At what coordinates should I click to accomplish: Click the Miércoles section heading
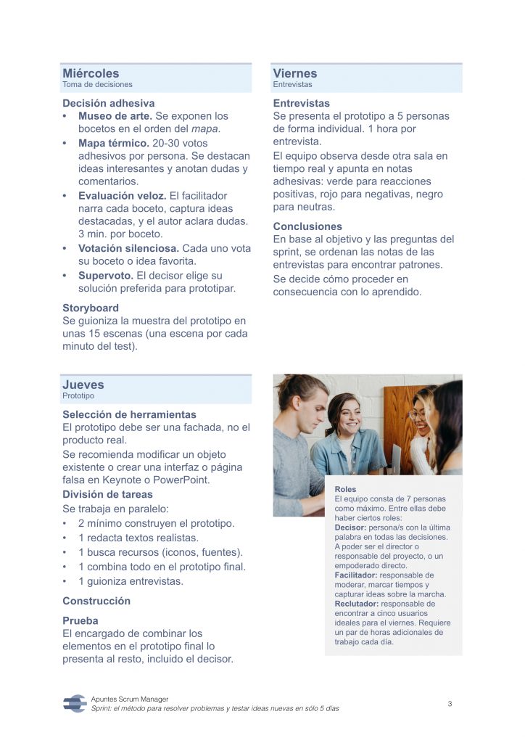[91, 73]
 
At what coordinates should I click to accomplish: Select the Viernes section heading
[295, 73]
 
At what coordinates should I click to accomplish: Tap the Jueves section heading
[83, 385]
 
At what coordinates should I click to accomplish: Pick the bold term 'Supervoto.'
[106, 276]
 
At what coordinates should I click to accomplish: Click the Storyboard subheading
[91, 308]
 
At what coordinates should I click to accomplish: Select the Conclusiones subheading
[307, 226]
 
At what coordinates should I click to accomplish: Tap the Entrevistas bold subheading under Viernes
[301, 103]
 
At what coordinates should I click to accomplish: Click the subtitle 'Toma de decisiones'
[97, 85]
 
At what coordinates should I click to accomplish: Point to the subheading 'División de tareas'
[107, 494]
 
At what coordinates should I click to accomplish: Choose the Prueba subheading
[80, 620]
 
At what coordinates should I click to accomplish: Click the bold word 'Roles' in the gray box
[345, 490]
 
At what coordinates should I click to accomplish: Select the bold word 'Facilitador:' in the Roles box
[355, 575]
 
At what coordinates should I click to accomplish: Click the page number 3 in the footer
[450, 704]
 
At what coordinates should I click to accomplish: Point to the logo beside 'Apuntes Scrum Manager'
[75, 702]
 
